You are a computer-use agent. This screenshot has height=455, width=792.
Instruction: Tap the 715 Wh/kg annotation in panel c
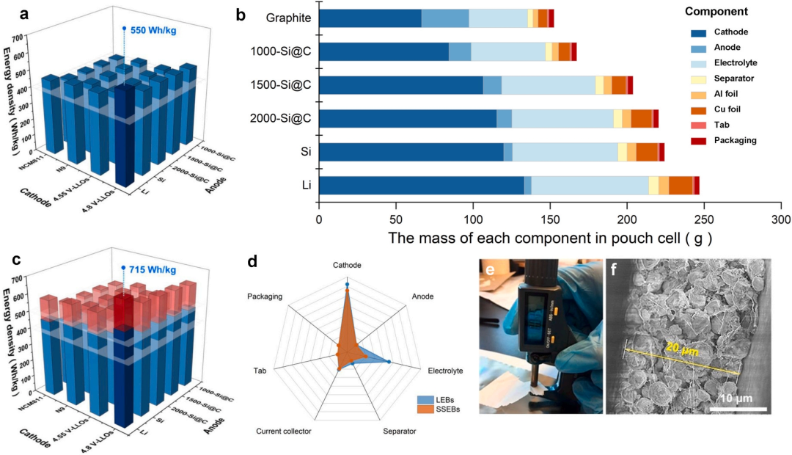tap(153, 270)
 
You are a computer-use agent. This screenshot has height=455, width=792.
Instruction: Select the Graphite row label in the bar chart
tap(288, 18)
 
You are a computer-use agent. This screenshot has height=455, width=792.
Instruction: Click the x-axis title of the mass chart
tap(550, 239)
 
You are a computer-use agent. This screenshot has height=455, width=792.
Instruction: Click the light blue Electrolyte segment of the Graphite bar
tap(498, 18)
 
